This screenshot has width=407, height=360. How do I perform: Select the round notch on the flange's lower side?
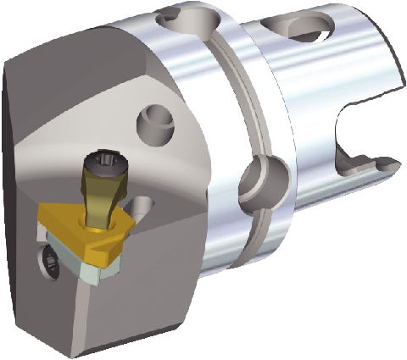[x=254, y=177]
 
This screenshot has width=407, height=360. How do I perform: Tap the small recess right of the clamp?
[x=142, y=203]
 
